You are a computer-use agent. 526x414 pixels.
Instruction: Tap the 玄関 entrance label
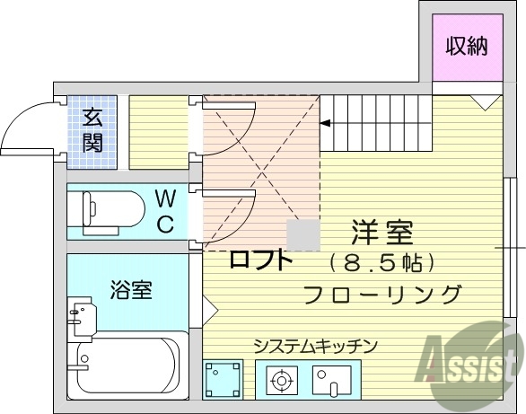93,130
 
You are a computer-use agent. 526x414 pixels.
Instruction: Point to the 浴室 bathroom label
131,290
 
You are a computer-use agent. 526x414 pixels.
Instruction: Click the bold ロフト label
261,260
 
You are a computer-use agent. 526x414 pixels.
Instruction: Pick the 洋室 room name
381,233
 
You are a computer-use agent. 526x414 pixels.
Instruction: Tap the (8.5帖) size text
382,264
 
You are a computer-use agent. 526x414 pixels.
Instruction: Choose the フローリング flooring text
382,294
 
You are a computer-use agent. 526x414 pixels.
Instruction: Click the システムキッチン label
314,345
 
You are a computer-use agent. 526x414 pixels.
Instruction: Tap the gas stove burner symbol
282,382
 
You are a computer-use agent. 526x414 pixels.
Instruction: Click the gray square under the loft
302,235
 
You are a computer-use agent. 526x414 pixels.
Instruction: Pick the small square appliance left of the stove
223,380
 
